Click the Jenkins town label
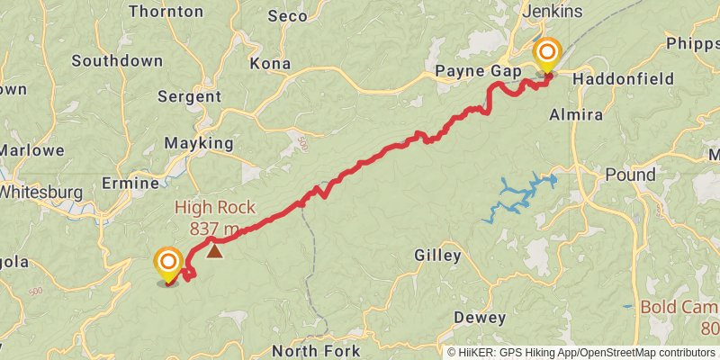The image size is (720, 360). [x=552, y=11]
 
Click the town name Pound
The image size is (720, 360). [x=630, y=174]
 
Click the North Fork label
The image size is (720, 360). [x=316, y=351]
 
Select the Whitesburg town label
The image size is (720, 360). [x=40, y=192]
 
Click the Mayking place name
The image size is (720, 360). [x=199, y=142]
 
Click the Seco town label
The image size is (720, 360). [x=287, y=16]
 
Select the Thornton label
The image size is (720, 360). [x=166, y=12]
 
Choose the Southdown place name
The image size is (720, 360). [x=117, y=61]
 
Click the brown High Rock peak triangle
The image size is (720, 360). [x=214, y=251]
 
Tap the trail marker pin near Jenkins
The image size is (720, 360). [x=545, y=55]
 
